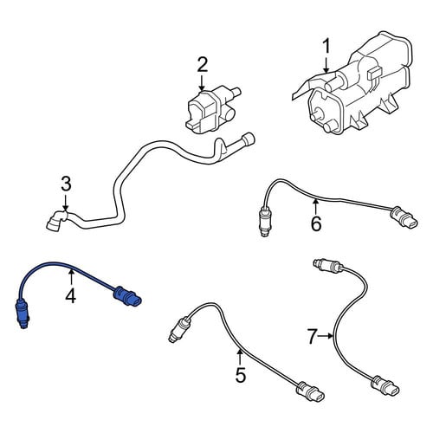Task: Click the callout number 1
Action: point(326,47)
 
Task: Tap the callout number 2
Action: point(202,65)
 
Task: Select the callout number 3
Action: point(66,184)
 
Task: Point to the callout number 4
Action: point(71,296)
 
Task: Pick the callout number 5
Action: point(240,375)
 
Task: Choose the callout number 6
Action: point(316,223)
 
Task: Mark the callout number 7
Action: point(312,336)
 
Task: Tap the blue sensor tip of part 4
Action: point(22,315)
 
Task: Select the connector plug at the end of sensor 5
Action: point(311,391)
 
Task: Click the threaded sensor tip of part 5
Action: point(178,329)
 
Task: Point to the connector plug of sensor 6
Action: point(404,218)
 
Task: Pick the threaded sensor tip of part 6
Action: point(264,221)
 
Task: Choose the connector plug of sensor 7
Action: point(386,385)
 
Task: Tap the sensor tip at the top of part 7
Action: point(327,265)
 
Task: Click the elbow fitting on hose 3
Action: point(56,221)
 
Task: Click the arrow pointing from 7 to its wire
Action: point(326,336)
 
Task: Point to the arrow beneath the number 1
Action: point(326,64)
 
